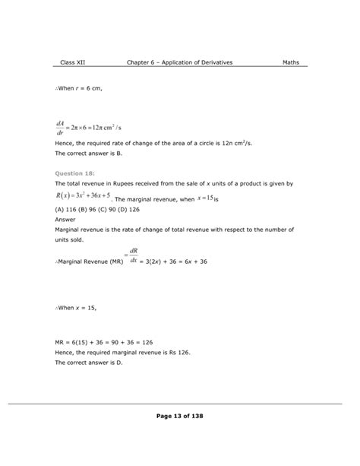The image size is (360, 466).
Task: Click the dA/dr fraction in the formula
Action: click(62, 125)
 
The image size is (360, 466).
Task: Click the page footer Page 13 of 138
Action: click(179, 416)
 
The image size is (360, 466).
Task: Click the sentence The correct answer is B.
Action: click(89, 154)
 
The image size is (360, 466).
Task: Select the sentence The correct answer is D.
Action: click(89, 363)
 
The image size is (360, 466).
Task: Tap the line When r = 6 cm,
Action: click(80, 89)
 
